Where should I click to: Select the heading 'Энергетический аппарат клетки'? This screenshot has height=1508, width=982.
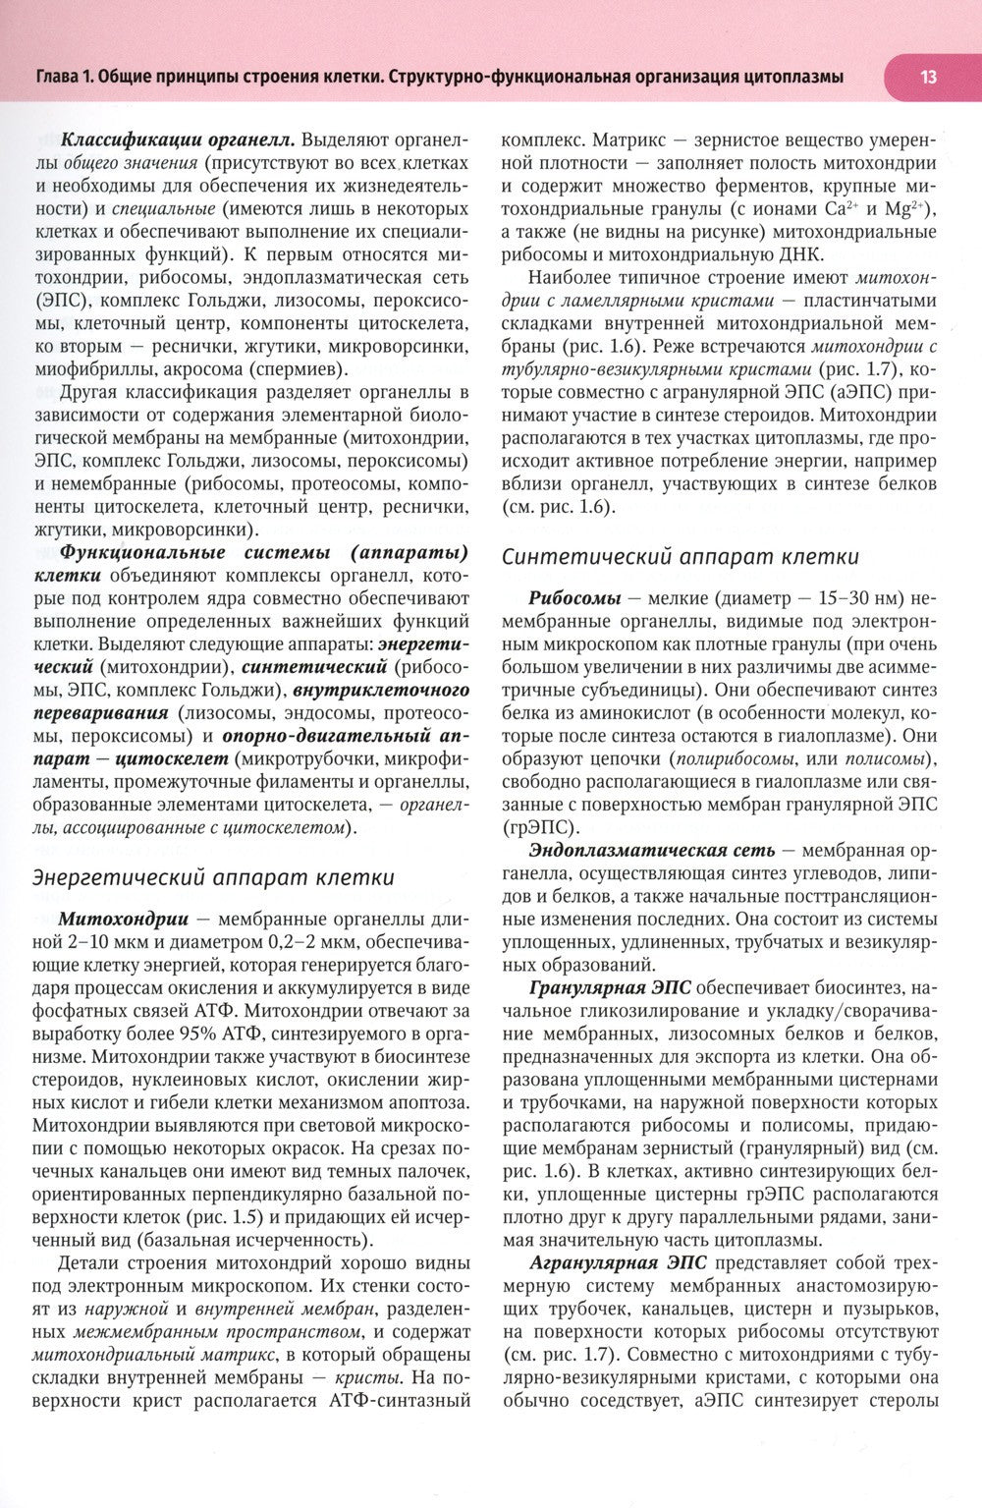(x=214, y=877)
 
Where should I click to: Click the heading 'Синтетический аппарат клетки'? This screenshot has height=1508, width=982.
(x=680, y=557)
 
